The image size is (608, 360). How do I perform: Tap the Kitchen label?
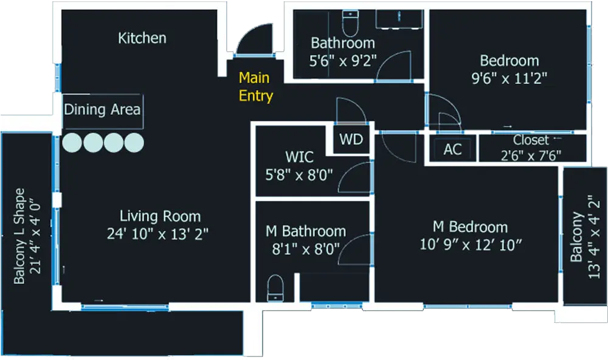142,38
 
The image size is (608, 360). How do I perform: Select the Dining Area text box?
102,110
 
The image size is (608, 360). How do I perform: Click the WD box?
351,140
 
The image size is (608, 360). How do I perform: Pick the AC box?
452,150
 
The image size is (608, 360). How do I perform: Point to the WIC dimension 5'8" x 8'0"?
300,176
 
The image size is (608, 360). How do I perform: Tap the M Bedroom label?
470,227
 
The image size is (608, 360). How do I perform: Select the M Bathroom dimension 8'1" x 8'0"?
306,249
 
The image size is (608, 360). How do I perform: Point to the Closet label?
530,140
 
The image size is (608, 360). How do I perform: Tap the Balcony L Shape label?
19,236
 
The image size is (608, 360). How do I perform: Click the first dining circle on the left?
72,142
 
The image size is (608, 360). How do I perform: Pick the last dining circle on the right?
134,142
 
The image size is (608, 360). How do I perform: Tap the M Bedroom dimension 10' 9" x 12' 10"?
471,244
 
